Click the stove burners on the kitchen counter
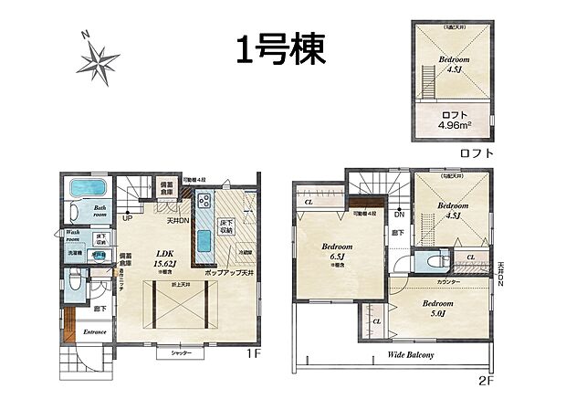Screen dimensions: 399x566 click(x=202, y=203)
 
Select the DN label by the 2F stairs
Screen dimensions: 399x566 click(x=400, y=215)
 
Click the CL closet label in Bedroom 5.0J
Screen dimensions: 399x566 click(x=375, y=321)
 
